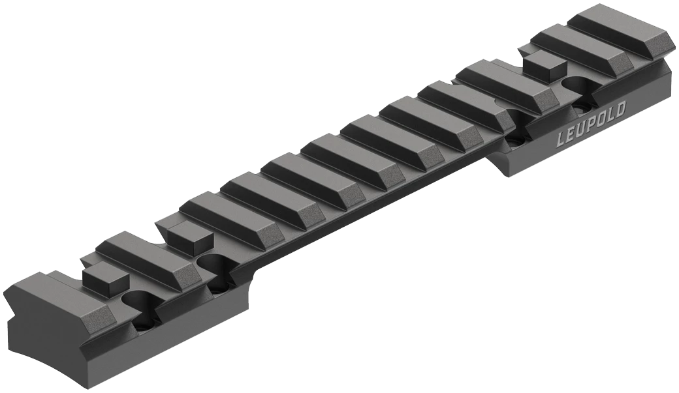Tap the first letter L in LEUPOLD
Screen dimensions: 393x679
tap(561, 138)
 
